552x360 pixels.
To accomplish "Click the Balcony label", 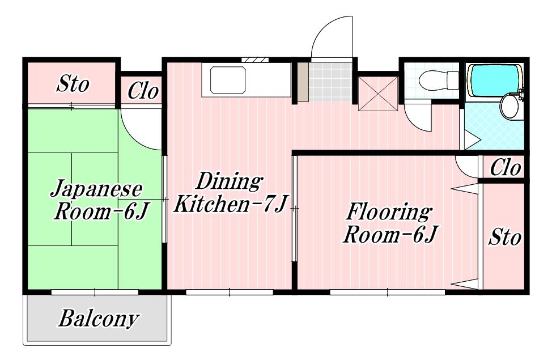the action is pyautogui.click(x=99, y=319).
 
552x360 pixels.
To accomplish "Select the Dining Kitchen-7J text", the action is pyautogui.click(x=230, y=192).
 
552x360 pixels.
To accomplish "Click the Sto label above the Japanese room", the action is pyautogui.click(x=73, y=84).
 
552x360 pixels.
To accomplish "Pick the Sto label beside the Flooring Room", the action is pyautogui.click(x=504, y=237).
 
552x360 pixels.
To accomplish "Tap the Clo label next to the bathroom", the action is pyautogui.click(x=505, y=168).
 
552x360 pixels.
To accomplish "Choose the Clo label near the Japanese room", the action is pyautogui.click(x=143, y=91).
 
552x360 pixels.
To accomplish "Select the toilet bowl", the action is pyautogui.click(x=439, y=81).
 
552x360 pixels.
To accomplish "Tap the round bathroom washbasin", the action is pyautogui.click(x=509, y=106).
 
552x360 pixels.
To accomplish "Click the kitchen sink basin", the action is pyautogui.click(x=227, y=80).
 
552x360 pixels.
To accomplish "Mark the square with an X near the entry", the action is pyautogui.click(x=378, y=94).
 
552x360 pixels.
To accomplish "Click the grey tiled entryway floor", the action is pyautogui.click(x=330, y=82).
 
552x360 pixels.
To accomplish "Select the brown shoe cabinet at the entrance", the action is pyautogui.click(x=303, y=82).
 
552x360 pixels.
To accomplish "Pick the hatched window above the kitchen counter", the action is pyautogui.click(x=255, y=60).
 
